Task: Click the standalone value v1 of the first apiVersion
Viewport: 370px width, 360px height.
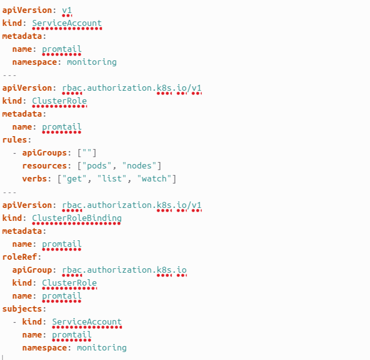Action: click(67, 10)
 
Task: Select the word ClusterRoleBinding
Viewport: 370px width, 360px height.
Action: click(76, 218)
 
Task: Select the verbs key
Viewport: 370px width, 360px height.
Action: click(34, 179)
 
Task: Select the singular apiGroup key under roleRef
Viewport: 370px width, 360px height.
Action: click(32, 270)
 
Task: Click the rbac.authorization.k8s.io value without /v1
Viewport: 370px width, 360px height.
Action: click(124, 270)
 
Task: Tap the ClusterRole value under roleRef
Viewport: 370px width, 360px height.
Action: click(69, 283)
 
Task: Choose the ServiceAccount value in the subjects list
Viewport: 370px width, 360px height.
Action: click(87, 322)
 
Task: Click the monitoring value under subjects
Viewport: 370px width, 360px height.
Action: click(102, 348)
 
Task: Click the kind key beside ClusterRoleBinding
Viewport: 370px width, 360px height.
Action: click(12, 218)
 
